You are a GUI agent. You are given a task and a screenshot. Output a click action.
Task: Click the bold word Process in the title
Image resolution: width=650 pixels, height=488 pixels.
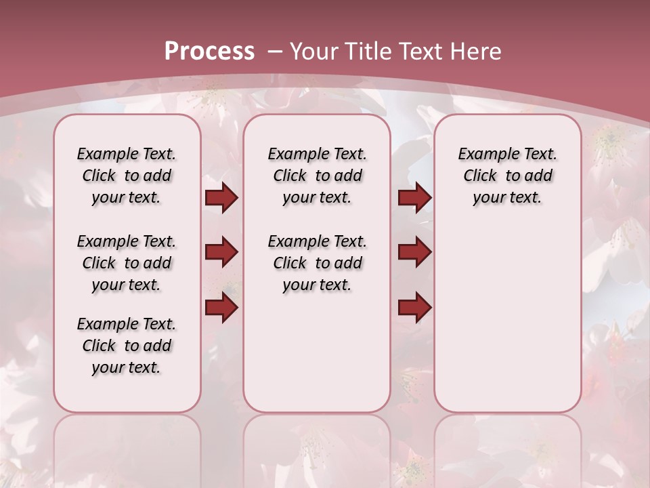click(209, 52)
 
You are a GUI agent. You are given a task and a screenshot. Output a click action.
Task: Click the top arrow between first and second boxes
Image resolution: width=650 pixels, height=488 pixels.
click(221, 198)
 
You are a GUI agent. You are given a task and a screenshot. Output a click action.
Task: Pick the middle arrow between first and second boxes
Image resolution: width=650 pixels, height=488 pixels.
click(221, 252)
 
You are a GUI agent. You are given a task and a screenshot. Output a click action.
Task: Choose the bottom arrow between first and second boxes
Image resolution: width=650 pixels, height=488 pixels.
click(221, 308)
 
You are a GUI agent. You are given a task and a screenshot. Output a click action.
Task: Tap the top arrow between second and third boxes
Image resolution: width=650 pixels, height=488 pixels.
click(414, 198)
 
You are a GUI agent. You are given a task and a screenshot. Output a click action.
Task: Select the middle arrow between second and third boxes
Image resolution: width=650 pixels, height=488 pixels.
click(414, 252)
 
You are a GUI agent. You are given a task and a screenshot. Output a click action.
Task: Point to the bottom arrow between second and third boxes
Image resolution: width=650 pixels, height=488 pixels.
click(414, 308)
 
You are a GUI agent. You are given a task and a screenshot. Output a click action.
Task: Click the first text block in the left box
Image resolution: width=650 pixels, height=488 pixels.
click(127, 176)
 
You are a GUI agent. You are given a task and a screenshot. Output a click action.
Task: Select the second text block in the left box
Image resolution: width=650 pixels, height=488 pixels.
click(127, 263)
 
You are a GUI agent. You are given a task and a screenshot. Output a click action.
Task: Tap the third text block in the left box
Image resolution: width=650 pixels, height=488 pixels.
click(127, 346)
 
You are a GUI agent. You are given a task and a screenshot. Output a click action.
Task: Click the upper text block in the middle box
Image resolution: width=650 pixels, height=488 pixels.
click(317, 176)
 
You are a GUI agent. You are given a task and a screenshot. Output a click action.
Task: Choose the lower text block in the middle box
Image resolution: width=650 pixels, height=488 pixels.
click(317, 263)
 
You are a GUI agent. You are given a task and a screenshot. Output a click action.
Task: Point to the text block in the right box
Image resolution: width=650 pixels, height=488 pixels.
click(507, 176)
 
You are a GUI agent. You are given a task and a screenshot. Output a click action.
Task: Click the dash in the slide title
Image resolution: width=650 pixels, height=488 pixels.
click(275, 52)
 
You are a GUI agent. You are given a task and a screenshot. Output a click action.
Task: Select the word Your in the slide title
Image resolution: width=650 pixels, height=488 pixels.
click(313, 52)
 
